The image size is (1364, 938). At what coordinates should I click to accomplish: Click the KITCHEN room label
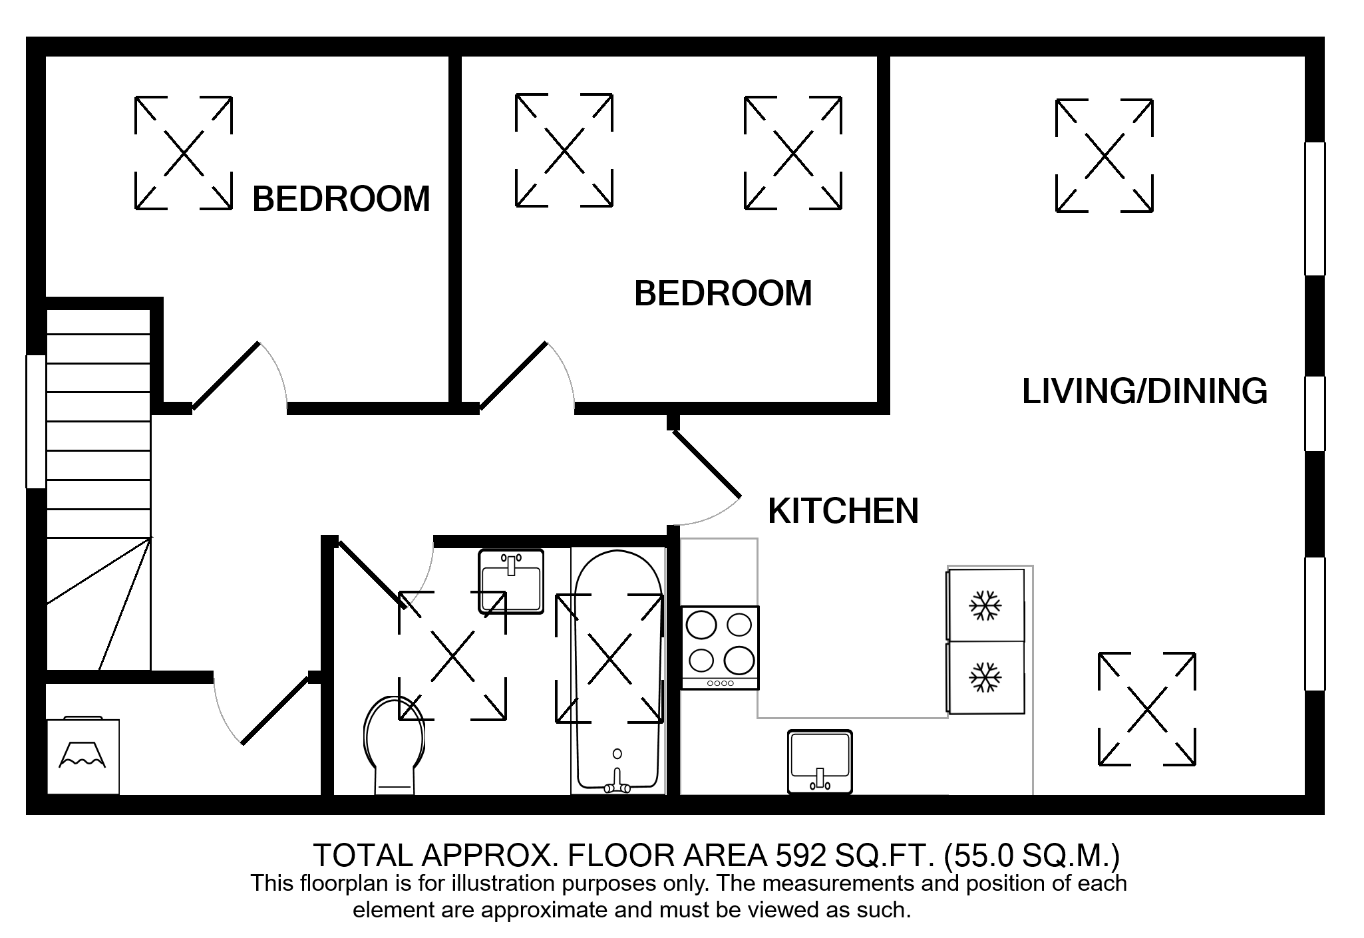coord(843,511)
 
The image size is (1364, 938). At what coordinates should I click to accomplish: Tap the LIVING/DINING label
coord(1144,391)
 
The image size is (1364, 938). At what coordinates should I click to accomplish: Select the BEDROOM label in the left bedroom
coord(341,198)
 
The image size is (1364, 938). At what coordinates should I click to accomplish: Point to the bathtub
coord(619,672)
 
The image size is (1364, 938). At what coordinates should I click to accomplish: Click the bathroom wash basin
coord(511,580)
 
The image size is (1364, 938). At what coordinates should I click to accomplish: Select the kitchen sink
coord(820,762)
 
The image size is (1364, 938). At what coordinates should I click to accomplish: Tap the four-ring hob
coord(720,647)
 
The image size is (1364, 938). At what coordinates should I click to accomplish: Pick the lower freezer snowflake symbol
coord(985,677)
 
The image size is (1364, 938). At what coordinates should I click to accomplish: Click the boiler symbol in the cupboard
coord(83,756)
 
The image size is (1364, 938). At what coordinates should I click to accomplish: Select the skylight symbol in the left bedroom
coord(184,154)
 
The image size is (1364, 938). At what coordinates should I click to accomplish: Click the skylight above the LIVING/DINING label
coord(1105,156)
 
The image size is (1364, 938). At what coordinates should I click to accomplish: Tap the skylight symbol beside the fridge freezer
coord(1147,710)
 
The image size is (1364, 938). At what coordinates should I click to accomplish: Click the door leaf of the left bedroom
coord(226,375)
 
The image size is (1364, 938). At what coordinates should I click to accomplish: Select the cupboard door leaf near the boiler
coord(275,710)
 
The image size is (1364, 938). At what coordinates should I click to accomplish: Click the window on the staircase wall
coord(36,422)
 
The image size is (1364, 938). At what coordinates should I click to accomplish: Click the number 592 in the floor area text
coord(801,856)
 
